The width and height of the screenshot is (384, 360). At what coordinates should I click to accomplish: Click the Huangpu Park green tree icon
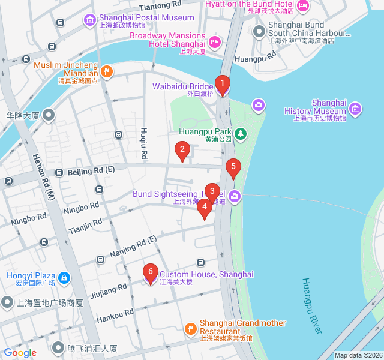(x=240, y=133)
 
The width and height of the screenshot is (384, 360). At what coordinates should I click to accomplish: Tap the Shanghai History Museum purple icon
(x=355, y=108)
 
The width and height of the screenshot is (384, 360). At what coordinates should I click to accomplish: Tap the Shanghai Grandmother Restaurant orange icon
(x=190, y=328)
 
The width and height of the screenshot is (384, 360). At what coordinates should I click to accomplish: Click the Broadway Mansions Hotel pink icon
(x=215, y=41)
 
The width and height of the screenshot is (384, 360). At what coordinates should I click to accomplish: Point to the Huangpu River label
(x=313, y=306)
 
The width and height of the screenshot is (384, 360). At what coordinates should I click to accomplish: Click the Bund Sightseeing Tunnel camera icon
(x=235, y=196)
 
